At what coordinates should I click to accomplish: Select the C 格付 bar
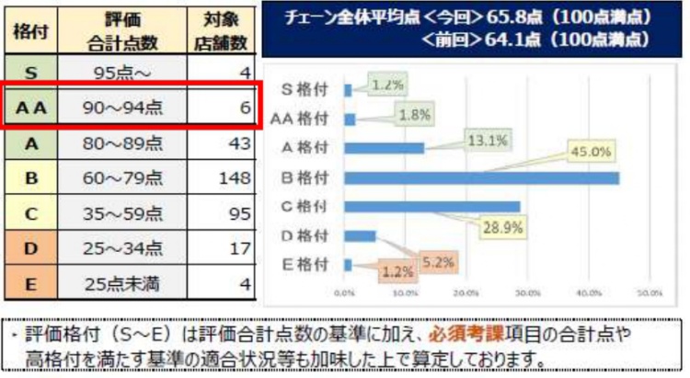point(431,207)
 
